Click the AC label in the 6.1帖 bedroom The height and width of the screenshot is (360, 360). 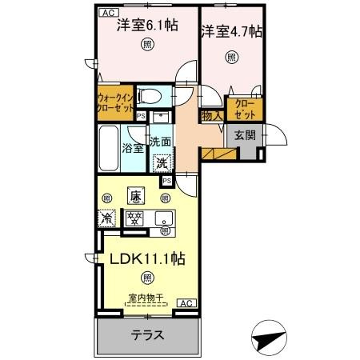(x=106, y=14)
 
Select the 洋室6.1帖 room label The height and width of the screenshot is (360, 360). (x=144, y=25)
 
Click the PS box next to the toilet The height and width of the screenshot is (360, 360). (x=142, y=116)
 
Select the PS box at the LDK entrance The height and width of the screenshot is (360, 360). (x=166, y=182)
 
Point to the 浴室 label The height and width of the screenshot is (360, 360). (x=133, y=147)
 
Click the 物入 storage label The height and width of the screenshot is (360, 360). (x=210, y=117)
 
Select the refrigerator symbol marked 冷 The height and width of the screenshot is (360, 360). (x=106, y=217)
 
